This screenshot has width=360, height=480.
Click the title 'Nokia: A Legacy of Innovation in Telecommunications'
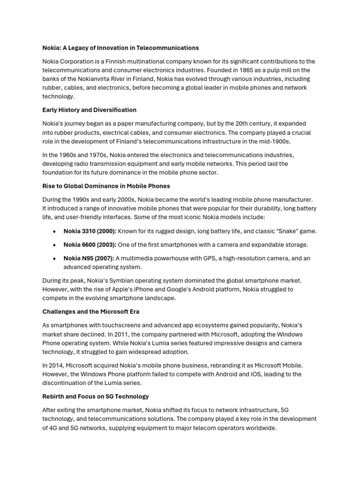120,48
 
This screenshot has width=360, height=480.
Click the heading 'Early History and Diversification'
90,110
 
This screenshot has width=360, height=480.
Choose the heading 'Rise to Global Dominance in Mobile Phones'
106,186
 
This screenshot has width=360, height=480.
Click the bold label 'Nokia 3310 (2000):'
90,231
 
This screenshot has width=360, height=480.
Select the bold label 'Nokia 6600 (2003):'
90,245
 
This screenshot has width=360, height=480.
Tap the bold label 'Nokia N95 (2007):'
89,258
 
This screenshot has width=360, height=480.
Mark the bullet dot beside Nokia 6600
55,245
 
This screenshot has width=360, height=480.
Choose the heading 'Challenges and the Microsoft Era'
91,311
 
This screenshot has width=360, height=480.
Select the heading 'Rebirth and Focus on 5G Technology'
96,396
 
